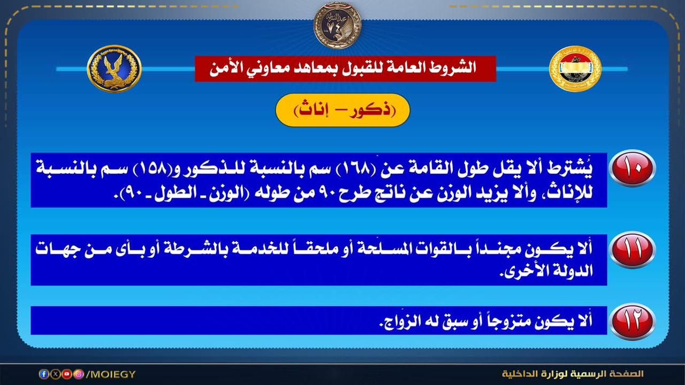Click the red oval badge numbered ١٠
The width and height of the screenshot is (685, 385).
coord(632,168)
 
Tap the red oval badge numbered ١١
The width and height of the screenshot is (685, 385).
coord(632,250)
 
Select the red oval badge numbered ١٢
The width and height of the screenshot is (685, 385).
coord(632,321)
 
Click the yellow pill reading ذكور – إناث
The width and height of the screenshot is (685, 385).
coord(342,110)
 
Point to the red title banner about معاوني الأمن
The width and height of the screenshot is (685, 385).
coord(345,68)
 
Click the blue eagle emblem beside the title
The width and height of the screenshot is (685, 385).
coord(114,68)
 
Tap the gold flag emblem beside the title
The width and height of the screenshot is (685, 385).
coord(575,68)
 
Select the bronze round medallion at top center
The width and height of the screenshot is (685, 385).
coord(337,25)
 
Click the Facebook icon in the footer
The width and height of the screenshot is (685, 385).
coord(43,374)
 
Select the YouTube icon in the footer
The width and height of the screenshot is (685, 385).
coord(67,374)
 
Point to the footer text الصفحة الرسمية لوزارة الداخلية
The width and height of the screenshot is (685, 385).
coord(573,374)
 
